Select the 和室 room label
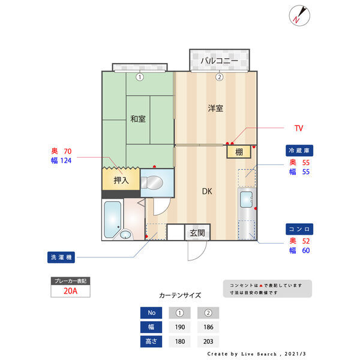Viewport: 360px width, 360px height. pos(138,118)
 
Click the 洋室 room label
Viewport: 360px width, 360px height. pos(215,109)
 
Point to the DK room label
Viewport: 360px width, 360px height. pos(206,191)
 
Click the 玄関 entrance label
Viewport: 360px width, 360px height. pos(197,232)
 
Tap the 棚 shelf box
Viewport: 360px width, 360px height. pos(239,152)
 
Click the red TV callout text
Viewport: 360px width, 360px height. pos(298,128)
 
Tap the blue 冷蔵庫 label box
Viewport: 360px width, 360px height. pos(300,150)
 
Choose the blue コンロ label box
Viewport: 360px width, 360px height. pos(300,229)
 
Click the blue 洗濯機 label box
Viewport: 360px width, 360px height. pos(62,257)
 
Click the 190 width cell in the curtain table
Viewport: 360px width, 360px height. pos(179,327)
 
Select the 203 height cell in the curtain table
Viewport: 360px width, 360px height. pos(208,341)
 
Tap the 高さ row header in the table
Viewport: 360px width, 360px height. pos(151,341)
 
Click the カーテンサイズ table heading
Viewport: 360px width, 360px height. pos(180,295)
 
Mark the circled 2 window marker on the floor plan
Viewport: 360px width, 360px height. pos(220,77)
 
